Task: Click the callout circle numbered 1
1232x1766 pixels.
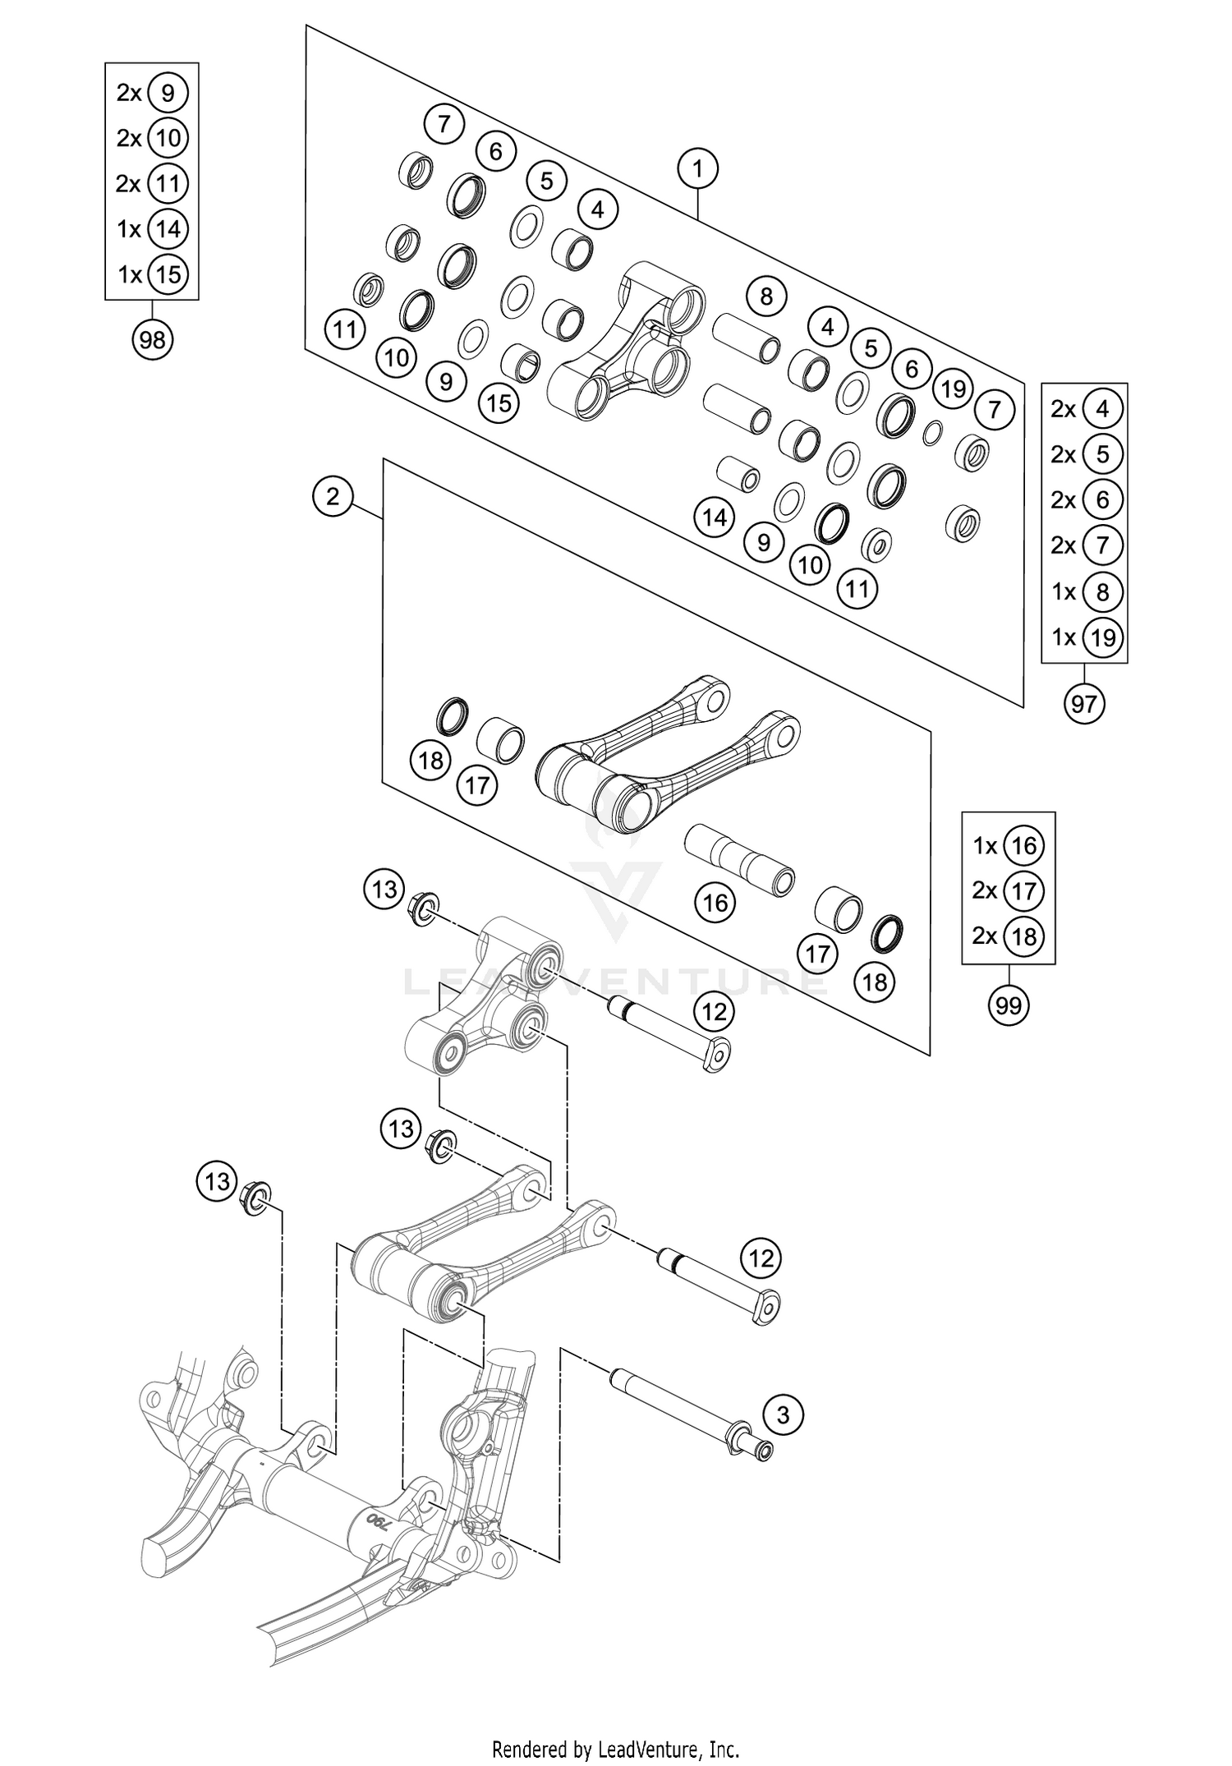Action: [697, 170]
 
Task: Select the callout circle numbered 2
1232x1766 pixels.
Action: [333, 496]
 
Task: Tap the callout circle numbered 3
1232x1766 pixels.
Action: [783, 1414]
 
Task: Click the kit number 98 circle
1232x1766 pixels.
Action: [153, 339]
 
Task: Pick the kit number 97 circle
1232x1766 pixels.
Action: [1084, 703]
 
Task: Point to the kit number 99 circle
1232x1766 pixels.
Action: [1008, 1005]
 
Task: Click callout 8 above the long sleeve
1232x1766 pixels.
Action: [766, 296]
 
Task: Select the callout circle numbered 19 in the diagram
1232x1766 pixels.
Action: [953, 389]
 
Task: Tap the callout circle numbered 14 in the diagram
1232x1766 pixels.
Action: [715, 517]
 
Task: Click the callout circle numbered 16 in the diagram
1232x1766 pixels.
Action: [715, 903]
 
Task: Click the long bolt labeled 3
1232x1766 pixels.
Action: [682, 1413]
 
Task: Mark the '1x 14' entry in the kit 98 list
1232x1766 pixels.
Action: [153, 228]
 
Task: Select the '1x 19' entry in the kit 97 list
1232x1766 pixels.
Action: [1085, 637]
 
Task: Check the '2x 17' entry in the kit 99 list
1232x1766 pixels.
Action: [1008, 890]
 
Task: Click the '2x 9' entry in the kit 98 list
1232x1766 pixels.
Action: [153, 93]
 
